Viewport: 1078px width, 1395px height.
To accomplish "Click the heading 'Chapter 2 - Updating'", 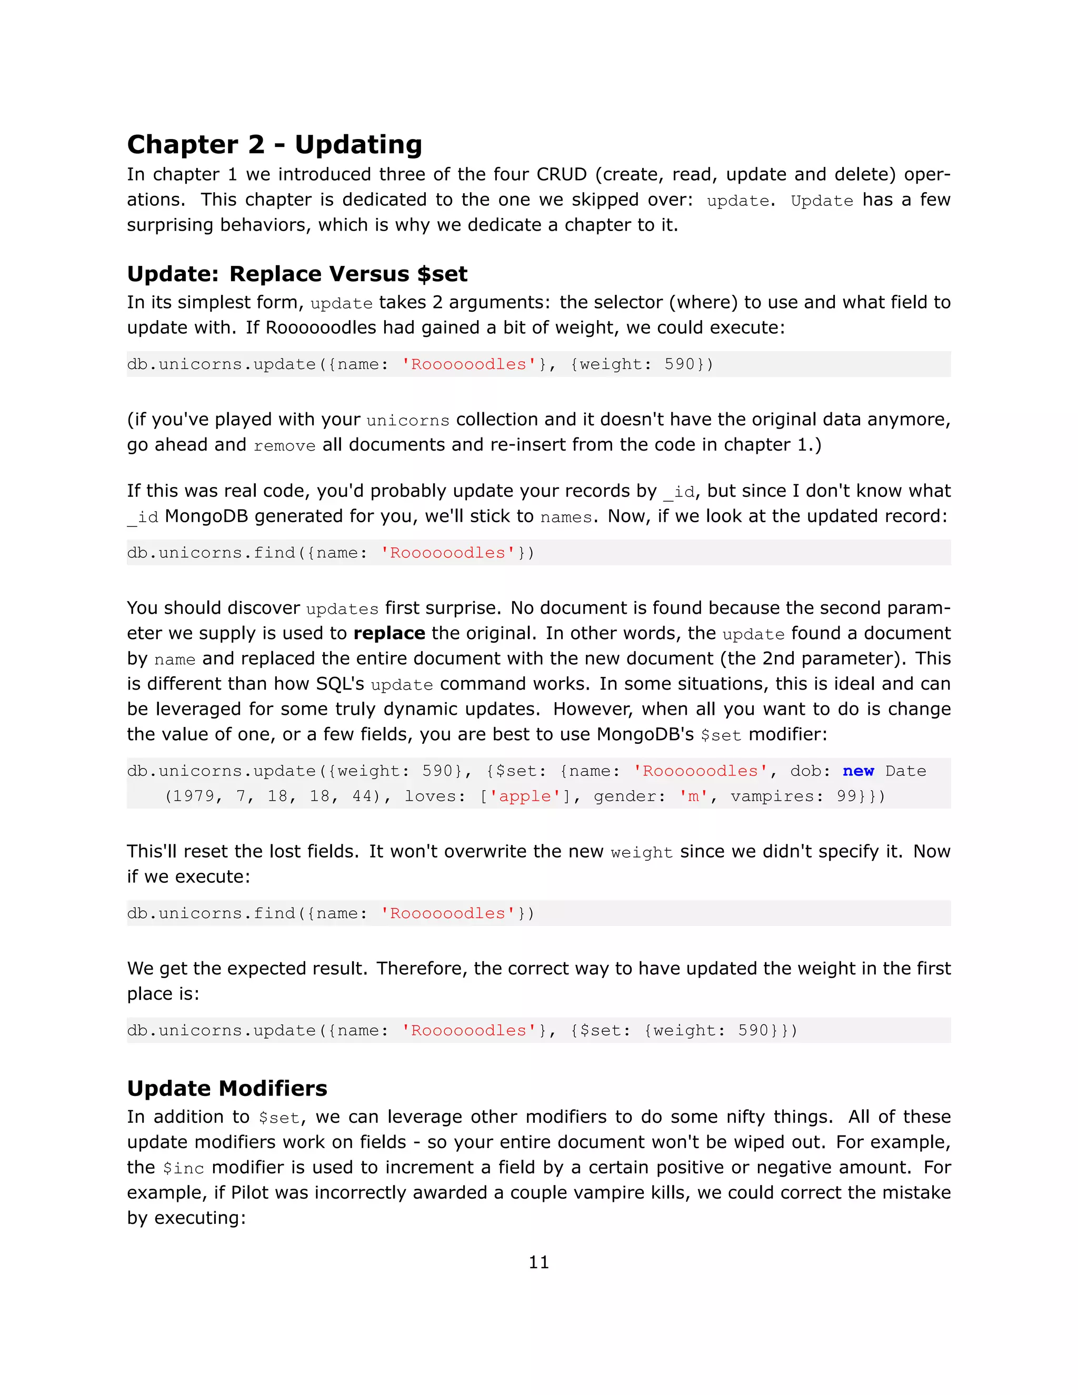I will point(275,144).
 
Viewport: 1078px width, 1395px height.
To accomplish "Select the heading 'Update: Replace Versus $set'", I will point(297,274).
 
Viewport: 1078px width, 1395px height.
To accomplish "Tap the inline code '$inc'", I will point(183,1168).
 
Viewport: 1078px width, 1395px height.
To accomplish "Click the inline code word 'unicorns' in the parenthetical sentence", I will point(408,420).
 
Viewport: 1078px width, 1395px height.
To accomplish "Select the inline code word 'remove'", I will point(284,446).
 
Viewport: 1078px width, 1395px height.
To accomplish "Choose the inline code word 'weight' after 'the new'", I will point(641,852).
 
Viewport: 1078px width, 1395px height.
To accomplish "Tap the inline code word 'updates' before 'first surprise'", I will point(342,609).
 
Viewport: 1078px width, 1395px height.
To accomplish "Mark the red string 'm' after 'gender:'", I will point(693,796).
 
